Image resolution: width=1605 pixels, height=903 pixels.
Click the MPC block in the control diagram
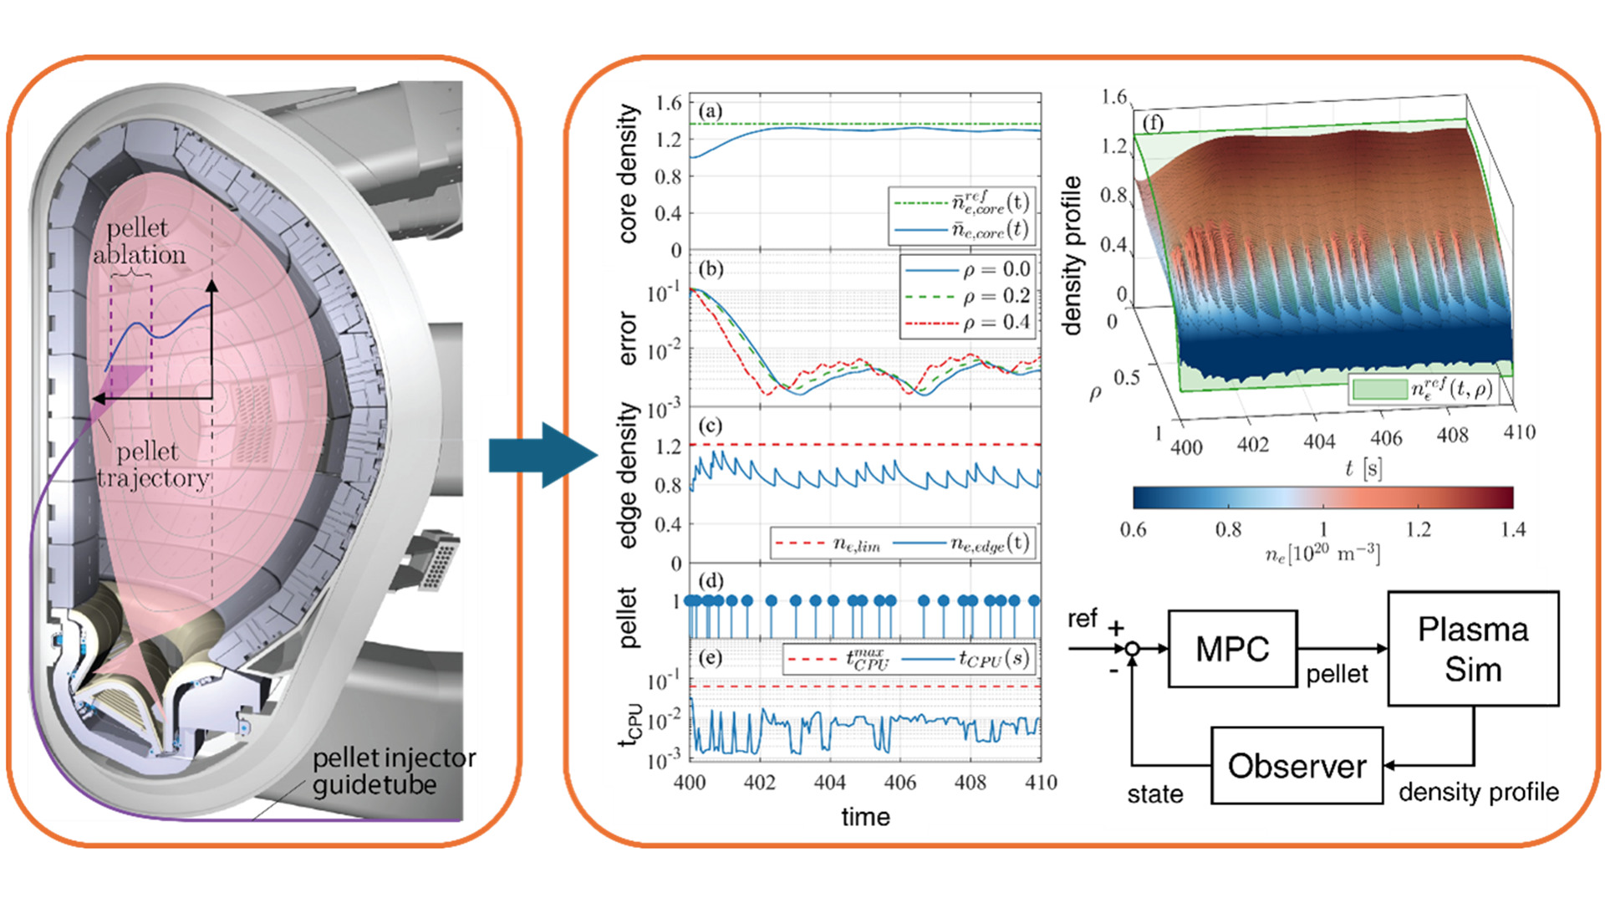pos(1232,649)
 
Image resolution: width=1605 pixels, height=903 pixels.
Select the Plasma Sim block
pos(1472,649)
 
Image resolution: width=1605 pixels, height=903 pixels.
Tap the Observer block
pos(1297,766)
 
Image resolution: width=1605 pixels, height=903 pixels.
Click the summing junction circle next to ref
pos(1132,649)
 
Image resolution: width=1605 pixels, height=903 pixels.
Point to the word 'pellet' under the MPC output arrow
pos(1337,674)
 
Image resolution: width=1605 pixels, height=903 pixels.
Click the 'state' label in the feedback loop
pos(1154,793)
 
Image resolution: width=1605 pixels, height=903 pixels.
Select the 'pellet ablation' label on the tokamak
pos(138,241)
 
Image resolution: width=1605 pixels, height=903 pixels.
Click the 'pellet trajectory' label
pos(150,465)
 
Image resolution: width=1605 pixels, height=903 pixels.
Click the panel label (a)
pos(711,111)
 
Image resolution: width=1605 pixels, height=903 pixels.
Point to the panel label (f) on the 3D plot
pos(1153,124)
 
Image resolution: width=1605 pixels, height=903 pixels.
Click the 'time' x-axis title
pos(865,817)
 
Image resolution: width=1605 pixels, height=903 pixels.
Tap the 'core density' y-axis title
pos(627,174)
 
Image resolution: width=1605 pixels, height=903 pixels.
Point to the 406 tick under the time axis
pos(899,783)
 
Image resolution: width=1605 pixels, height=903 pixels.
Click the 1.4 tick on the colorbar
pos(1513,529)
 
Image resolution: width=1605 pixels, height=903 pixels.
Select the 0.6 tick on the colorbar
pos(1133,529)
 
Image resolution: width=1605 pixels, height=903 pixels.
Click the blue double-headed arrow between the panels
pos(543,455)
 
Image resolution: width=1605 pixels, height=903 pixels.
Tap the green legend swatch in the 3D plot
pos(1379,389)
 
